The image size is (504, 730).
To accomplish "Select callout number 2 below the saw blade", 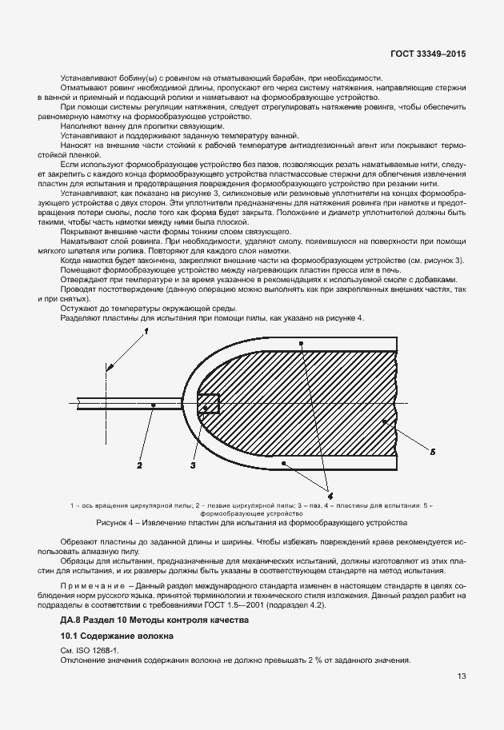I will (138, 464).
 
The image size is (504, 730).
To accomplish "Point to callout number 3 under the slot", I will (193, 464).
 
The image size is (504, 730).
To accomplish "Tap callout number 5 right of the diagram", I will (432, 452).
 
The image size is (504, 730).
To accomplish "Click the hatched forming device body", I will (320, 400).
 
